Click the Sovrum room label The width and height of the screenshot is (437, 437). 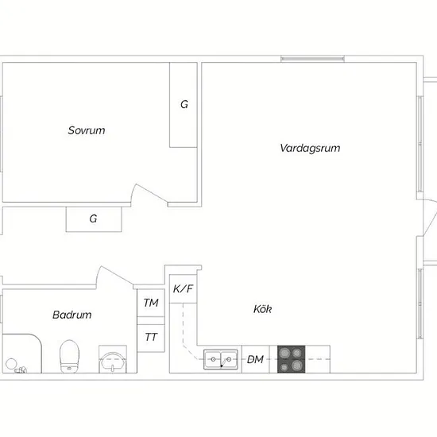coord(87,130)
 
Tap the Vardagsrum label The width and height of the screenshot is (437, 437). coord(310,148)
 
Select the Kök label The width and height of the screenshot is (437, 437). coord(262,309)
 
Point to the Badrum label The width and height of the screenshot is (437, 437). coord(72,315)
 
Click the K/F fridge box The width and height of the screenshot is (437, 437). coord(183,289)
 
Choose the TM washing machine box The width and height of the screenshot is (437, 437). coord(151,303)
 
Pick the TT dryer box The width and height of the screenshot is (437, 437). coord(151,338)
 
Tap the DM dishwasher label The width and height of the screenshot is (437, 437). coord(255,359)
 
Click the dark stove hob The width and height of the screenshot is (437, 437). coord(292,359)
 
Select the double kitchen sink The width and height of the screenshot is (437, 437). coord(221,359)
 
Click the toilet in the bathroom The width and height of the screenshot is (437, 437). coord(70,356)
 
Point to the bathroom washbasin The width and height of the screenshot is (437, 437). coord(113,362)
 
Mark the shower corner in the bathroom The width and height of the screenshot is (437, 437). coord(22,354)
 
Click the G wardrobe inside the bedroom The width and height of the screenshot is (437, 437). coord(184,105)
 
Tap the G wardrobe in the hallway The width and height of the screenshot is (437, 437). coord(94,219)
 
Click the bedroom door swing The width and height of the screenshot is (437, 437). coord(149,193)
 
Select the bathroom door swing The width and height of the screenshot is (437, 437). coord(114,276)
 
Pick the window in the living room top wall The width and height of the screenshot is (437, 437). coord(312,59)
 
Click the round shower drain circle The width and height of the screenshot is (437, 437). coord(11,364)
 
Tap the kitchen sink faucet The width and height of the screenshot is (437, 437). coord(223,363)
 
